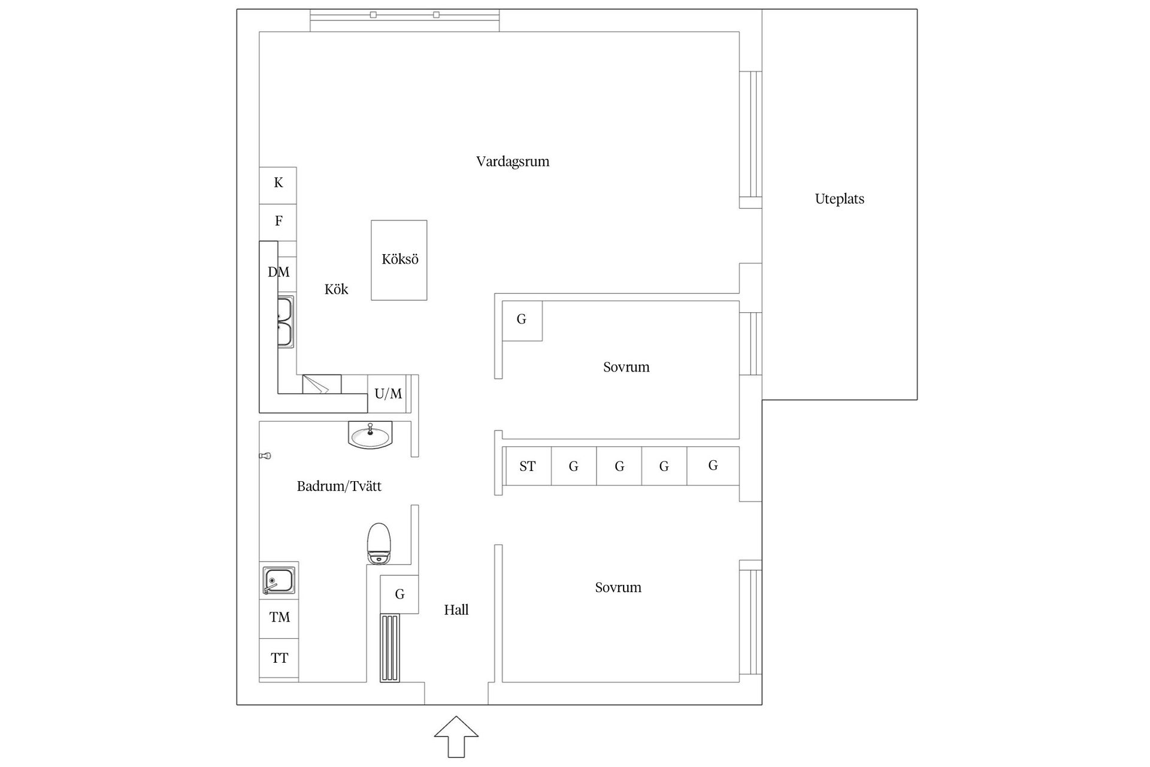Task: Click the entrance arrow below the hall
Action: coord(456,736)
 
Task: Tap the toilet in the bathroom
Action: coord(379,543)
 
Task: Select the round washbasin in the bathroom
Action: coord(370,435)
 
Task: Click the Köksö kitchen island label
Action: coord(400,259)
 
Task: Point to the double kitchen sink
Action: coord(285,322)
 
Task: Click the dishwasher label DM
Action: coord(279,272)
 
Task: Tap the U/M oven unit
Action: coord(388,394)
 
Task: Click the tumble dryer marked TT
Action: coord(279,659)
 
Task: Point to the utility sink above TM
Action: coord(279,581)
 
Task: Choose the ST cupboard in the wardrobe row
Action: coord(528,466)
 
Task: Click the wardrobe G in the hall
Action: coord(400,594)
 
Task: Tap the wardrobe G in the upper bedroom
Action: coord(522,321)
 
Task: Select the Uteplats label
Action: coord(840,199)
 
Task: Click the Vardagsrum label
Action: coord(513,162)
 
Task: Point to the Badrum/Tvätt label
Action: coord(339,486)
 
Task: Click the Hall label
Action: coord(456,610)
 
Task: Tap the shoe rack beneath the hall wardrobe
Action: coord(390,648)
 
